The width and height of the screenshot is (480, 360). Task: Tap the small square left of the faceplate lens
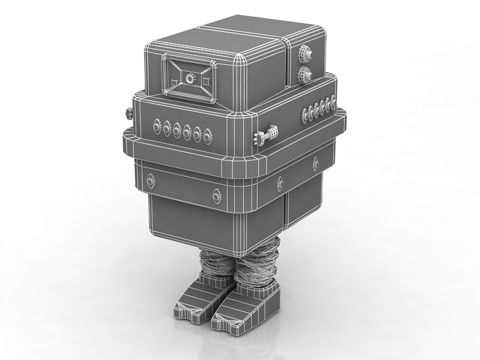point(174,82)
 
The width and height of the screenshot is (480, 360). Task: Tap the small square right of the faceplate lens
point(206,80)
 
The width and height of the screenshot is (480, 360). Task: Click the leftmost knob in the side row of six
point(306,115)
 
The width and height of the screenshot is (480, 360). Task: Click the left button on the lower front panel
point(151,180)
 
